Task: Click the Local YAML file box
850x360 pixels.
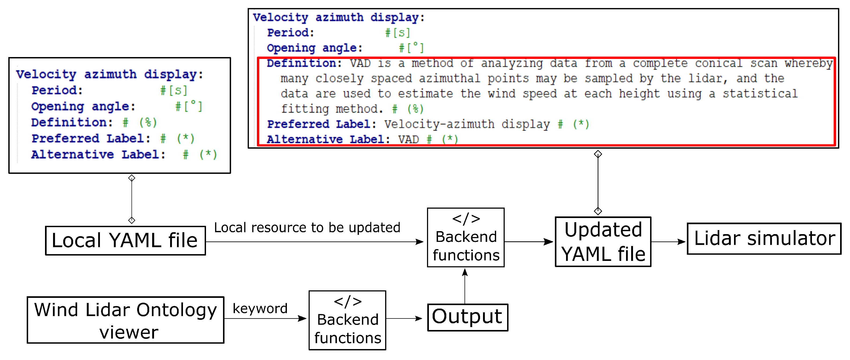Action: (125, 241)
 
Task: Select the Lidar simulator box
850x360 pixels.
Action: (764, 239)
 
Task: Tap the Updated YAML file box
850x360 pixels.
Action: (603, 242)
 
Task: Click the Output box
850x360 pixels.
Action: (467, 317)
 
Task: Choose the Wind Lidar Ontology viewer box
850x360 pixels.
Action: (125, 320)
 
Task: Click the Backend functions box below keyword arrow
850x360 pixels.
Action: (347, 320)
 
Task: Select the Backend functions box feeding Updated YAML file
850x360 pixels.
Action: (466, 238)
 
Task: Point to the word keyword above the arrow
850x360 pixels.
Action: (260, 309)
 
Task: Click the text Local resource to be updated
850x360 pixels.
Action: (307, 228)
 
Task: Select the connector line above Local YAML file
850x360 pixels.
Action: (132, 199)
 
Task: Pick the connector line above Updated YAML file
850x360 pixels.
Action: (598, 182)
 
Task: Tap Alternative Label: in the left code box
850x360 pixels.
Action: (98, 155)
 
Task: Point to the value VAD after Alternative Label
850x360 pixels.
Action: (408, 140)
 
